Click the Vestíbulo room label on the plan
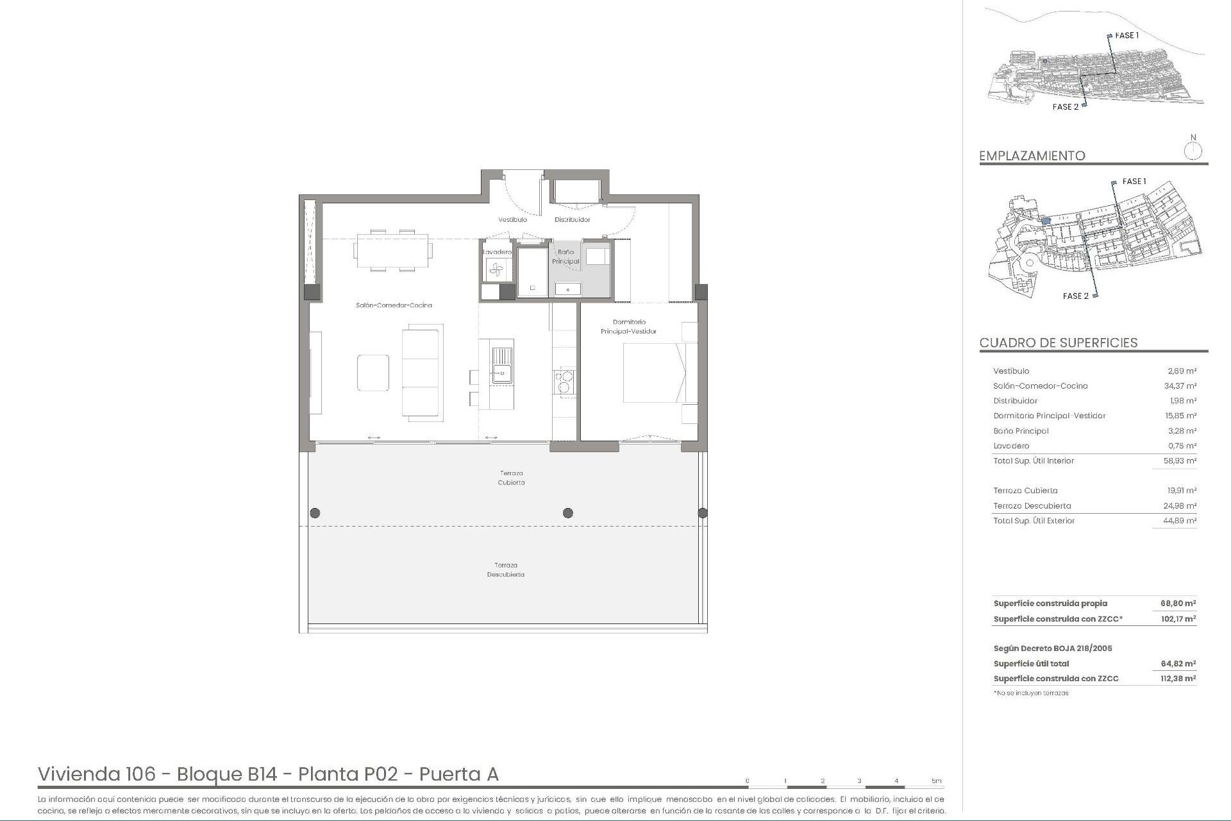(512, 219)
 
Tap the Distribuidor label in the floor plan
(572, 219)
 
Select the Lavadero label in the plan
(497, 252)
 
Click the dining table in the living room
(392, 250)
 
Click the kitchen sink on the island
(502, 364)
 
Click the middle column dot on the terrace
(567, 512)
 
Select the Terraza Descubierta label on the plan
(505, 570)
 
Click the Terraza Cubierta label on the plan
(511, 478)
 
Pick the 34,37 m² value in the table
(1180, 386)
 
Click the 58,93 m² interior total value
(1180, 461)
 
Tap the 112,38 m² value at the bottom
(1178, 679)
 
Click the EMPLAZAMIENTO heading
(1032, 156)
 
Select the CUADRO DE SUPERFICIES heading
(1058, 343)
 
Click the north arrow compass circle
(1193, 151)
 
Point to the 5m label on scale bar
(936, 781)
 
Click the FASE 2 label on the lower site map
(1075, 296)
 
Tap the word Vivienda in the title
(96, 774)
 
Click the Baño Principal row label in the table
(1021, 431)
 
